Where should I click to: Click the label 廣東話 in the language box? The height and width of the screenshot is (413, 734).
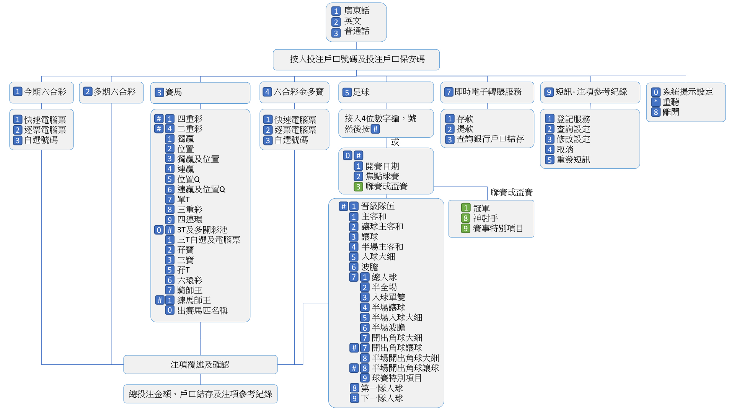[x=357, y=11]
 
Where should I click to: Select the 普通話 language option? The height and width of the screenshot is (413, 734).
[x=357, y=31]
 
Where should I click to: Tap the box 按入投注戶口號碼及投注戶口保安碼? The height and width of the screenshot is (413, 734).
[x=356, y=59]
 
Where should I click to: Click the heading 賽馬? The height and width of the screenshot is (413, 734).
[x=173, y=92]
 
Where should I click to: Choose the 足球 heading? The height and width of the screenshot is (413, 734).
[x=361, y=92]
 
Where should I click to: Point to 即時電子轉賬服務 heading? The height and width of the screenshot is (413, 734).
[x=488, y=92]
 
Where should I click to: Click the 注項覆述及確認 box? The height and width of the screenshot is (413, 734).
[x=200, y=364]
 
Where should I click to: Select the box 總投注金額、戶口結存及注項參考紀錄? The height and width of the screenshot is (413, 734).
[x=200, y=394]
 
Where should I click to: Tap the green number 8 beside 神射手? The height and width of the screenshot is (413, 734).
[x=465, y=218]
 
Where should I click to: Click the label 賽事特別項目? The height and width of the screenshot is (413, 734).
[x=498, y=229]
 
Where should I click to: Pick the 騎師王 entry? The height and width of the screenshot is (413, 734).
[x=190, y=290]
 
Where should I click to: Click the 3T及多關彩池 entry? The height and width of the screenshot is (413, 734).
[x=202, y=230]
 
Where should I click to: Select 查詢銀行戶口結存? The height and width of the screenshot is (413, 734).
[x=490, y=139]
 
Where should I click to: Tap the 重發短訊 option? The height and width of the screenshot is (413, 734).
[x=573, y=160]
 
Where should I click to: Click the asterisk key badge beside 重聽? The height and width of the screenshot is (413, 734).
[x=656, y=102]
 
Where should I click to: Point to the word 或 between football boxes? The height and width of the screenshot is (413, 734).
[x=395, y=142]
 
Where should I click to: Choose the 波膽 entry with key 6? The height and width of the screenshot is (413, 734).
[x=370, y=267]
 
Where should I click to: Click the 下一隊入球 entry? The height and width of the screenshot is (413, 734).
[x=382, y=398]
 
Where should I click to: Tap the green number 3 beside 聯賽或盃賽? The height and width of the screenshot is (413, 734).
[x=358, y=186]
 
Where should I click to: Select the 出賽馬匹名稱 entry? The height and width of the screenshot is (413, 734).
[x=202, y=310]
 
